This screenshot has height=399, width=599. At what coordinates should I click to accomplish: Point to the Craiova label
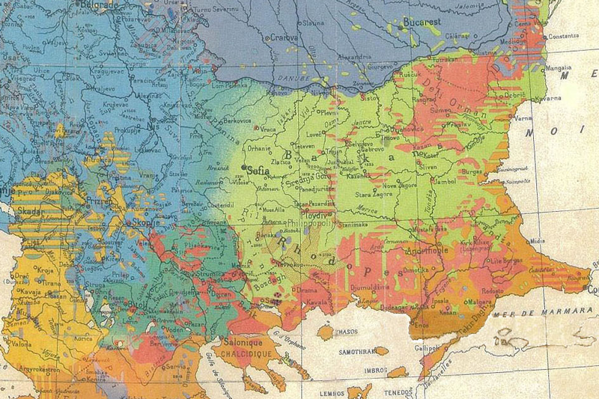(x=285, y=37)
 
